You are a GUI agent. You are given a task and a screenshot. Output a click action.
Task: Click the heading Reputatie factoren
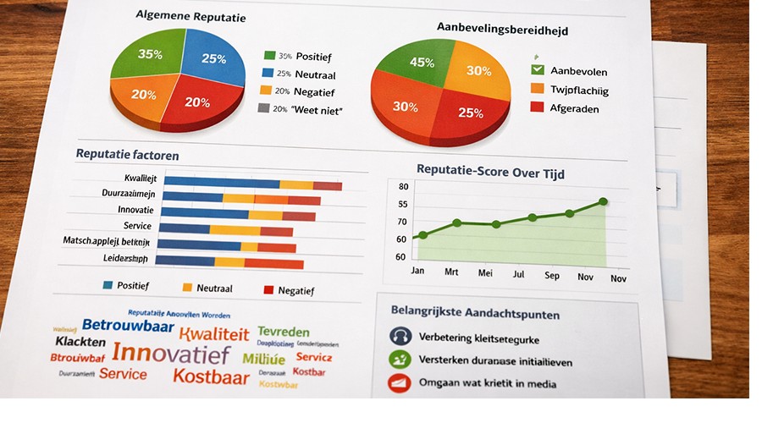127,155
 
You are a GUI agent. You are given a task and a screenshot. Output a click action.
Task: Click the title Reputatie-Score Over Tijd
490,173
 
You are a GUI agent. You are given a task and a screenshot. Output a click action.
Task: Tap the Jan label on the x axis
417,271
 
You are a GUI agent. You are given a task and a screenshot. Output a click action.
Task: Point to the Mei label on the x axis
485,273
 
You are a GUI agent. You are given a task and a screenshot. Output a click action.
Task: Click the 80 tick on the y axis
403,187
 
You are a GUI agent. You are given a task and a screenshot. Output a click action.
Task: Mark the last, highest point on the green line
603,201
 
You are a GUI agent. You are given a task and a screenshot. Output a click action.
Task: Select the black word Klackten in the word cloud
80,342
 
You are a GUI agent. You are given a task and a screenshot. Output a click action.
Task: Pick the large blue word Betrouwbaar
128,326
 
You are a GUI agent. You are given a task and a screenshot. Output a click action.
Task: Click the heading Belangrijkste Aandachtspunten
475,313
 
